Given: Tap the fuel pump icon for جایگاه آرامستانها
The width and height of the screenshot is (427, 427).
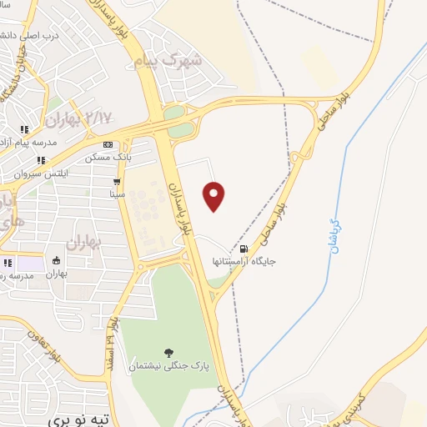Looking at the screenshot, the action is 244,249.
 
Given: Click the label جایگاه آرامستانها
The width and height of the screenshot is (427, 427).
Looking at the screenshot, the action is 244,261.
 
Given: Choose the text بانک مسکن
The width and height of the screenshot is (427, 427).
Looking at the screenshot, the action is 107,156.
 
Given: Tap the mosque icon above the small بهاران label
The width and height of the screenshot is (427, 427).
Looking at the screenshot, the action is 56,259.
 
